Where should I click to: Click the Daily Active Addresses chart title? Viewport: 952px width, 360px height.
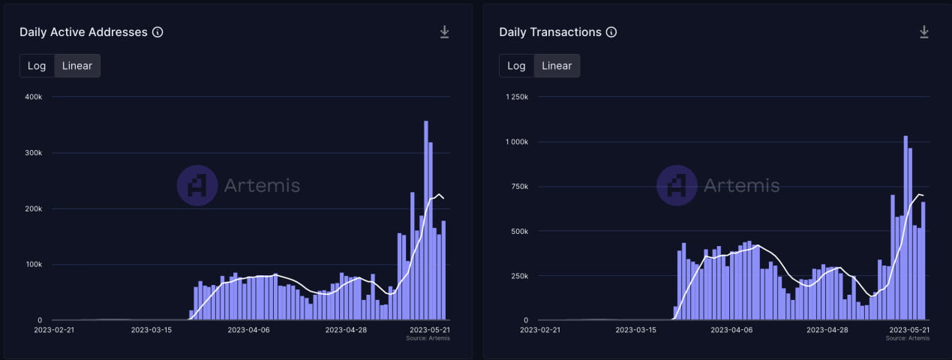click(x=83, y=32)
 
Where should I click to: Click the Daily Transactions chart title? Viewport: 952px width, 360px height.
click(x=550, y=32)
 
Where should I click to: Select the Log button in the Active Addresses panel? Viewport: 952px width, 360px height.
click(x=37, y=66)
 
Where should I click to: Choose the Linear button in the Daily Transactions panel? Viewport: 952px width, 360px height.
click(x=557, y=66)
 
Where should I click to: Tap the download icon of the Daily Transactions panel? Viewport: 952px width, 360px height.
click(x=924, y=32)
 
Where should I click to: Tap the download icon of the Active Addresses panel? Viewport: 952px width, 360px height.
click(x=444, y=32)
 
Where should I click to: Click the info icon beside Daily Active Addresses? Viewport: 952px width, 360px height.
click(x=158, y=32)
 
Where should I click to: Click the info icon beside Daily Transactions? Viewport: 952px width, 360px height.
click(x=611, y=32)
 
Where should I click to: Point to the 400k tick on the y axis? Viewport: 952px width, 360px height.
click(x=33, y=97)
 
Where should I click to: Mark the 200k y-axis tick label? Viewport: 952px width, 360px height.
click(x=33, y=208)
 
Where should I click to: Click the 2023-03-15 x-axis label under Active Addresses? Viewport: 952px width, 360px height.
click(x=152, y=329)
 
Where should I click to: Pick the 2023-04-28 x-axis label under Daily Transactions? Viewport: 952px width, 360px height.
click(x=827, y=329)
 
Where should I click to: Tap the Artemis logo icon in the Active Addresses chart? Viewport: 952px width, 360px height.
click(x=197, y=185)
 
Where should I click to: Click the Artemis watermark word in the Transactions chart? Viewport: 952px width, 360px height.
click(x=742, y=185)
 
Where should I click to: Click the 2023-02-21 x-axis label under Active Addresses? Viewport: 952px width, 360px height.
click(x=56, y=329)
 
